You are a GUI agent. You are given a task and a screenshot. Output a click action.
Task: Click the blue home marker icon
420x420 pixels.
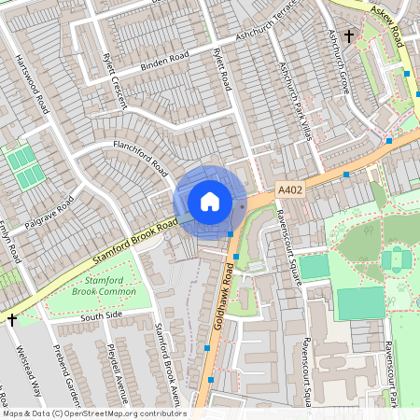coord(210,202)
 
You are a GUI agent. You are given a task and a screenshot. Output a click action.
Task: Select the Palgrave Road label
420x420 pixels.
coord(51,216)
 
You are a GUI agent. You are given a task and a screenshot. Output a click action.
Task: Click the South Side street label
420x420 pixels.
coord(101,317)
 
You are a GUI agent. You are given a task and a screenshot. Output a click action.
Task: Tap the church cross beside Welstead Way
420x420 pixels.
coord(12,319)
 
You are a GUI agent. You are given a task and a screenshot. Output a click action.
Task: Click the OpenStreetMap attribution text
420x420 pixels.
coord(93,413)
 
